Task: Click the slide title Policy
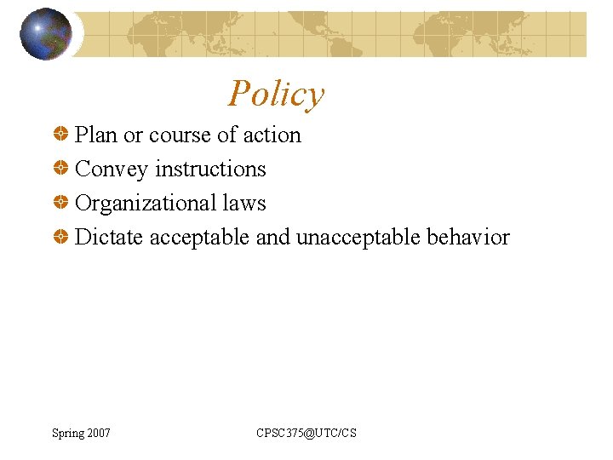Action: (x=277, y=94)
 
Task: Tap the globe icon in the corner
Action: (x=45, y=34)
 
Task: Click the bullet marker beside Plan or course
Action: (x=60, y=135)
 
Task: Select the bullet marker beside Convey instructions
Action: (x=60, y=170)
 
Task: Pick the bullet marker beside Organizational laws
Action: (x=60, y=204)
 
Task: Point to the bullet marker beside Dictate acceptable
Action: (x=60, y=238)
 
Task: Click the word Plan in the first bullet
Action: (x=96, y=135)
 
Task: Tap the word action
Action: (x=272, y=135)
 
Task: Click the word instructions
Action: (x=210, y=170)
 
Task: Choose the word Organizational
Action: (x=146, y=204)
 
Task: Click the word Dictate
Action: (x=109, y=237)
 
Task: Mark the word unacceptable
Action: (x=358, y=237)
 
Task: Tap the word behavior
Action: (x=467, y=237)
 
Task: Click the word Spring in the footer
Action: (x=68, y=434)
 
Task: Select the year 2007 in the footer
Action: (x=98, y=434)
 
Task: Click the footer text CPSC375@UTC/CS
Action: (x=306, y=434)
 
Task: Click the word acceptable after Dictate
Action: (x=200, y=237)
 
